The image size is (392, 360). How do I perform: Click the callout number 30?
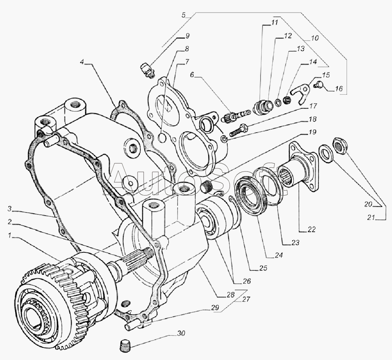pyautogui.click(x=181, y=333)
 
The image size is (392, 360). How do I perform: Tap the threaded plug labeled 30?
pyautogui.click(x=123, y=346)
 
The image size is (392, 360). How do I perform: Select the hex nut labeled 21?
pyautogui.click(x=340, y=145)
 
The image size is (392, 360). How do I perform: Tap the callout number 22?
pyautogui.click(x=311, y=229)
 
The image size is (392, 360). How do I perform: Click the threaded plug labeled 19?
pyautogui.click(x=207, y=186)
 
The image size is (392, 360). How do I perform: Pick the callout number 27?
pyautogui.click(x=246, y=299)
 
